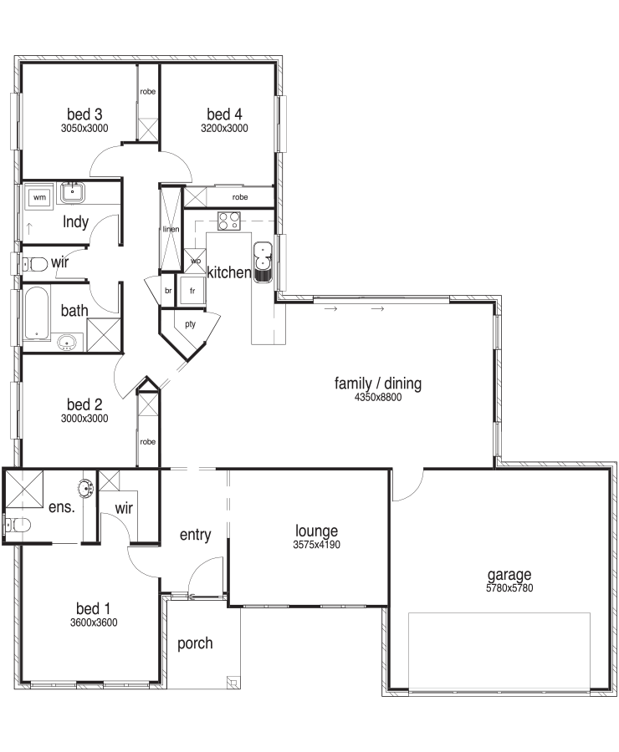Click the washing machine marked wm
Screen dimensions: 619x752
[x=40, y=197]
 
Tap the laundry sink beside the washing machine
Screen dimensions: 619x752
[x=73, y=193]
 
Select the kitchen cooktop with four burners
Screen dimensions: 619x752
[x=228, y=221]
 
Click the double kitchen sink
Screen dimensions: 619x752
[x=263, y=262]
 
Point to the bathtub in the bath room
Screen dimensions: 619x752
[x=37, y=312]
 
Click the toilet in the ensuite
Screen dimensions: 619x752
[x=18, y=525]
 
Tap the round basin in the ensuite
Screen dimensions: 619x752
[x=86, y=488]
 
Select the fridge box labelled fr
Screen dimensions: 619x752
[x=192, y=291]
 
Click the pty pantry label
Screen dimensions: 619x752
[x=191, y=325]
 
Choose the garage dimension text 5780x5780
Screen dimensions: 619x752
[x=509, y=588]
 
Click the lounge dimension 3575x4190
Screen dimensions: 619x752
[x=316, y=545]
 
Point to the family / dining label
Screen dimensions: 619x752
[x=378, y=384]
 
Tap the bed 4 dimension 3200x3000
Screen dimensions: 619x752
[x=224, y=129]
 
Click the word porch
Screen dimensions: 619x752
[x=195, y=643]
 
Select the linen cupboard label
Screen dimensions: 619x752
[x=171, y=229]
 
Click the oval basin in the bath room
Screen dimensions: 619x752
[x=67, y=343]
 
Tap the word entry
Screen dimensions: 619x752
[x=196, y=535]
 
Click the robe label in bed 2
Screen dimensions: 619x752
[x=148, y=442]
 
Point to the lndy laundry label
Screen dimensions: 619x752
[x=75, y=222]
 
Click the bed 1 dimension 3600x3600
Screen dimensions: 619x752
[x=94, y=622]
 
